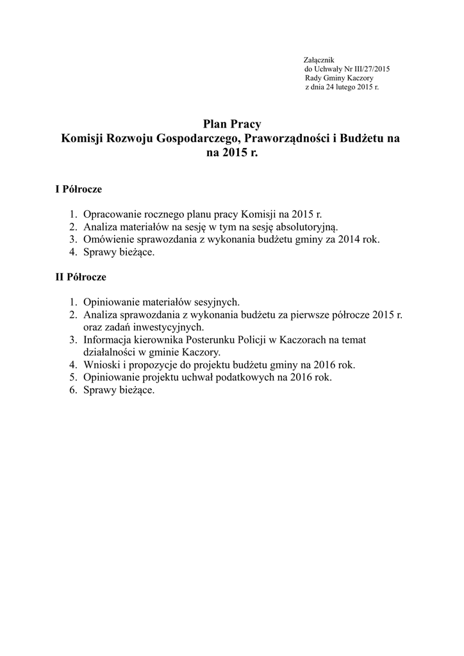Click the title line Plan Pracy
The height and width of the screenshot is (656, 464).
(x=232, y=124)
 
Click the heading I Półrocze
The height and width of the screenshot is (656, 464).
(x=79, y=190)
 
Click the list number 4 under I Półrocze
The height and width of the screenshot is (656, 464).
(x=72, y=252)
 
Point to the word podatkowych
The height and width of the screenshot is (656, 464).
(x=247, y=377)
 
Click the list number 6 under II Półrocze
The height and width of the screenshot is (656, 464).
(x=72, y=390)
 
